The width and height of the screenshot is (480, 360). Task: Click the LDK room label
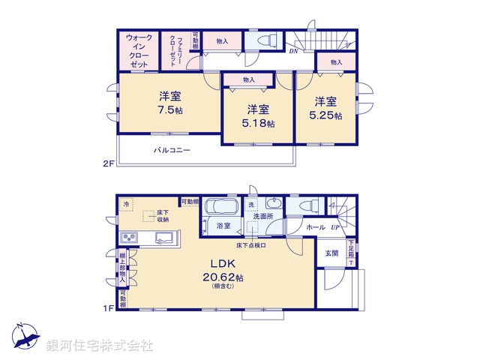[x=219, y=264]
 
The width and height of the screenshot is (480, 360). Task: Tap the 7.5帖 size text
[x=170, y=110]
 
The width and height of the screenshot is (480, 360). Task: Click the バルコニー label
[x=172, y=150]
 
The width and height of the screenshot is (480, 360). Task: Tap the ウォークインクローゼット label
[x=138, y=51]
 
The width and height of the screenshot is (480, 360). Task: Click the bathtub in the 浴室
[x=220, y=206]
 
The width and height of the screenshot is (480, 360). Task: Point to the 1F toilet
[x=307, y=207]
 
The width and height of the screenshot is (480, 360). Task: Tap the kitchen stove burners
[x=128, y=238]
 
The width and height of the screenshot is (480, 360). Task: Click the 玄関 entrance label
[x=331, y=253]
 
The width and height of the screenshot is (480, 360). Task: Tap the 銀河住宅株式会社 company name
[x=100, y=346]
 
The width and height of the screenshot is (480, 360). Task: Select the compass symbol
[x=24, y=335]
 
